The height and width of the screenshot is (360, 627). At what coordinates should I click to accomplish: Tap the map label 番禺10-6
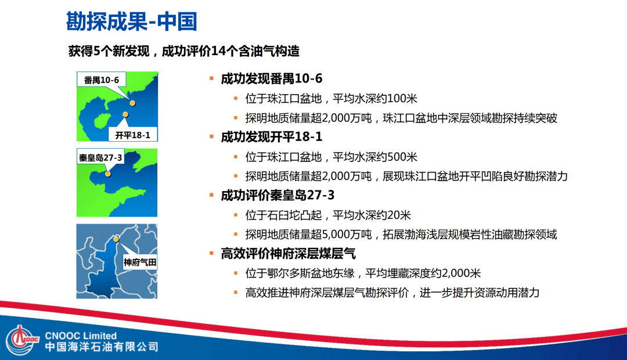click(101, 80)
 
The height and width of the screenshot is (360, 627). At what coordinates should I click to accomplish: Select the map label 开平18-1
click(132, 136)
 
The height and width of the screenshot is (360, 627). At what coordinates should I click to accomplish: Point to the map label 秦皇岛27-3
click(101, 157)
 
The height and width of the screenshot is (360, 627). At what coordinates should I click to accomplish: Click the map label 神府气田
click(140, 262)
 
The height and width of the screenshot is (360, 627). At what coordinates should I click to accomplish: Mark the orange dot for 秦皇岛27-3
click(108, 173)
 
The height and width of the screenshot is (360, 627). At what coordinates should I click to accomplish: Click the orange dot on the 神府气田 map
click(116, 239)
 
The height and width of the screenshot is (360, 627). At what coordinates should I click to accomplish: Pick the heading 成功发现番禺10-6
click(271, 78)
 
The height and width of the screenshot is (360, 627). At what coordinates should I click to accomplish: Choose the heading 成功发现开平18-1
click(271, 137)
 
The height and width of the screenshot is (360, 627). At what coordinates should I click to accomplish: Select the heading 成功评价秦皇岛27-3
click(278, 195)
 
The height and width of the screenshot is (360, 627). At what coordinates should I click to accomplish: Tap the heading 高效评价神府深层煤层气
click(288, 254)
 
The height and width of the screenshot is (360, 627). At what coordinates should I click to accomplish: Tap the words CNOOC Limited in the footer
click(81, 336)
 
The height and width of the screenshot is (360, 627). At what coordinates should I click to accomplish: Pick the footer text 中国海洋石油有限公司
click(102, 347)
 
